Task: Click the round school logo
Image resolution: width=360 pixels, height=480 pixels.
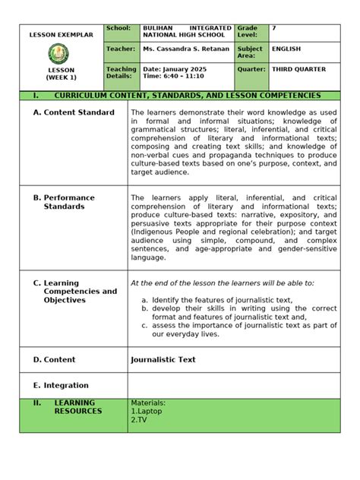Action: [x=61, y=53]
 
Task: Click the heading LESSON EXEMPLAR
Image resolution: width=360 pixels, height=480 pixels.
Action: [x=61, y=35]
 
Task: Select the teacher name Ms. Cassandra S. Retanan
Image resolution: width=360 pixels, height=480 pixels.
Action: [x=185, y=49]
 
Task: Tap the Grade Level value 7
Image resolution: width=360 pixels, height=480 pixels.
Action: [x=274, y=28]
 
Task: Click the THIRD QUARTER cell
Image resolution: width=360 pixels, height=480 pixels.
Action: [x=298, y=69]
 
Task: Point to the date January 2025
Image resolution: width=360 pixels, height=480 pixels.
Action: [x=176, y=69]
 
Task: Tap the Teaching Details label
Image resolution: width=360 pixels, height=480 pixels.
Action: [x=122, y=73]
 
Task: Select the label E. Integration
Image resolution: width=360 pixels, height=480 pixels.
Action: [x=61, y=385]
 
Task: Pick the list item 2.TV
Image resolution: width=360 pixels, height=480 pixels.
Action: [x=138, y=419]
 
